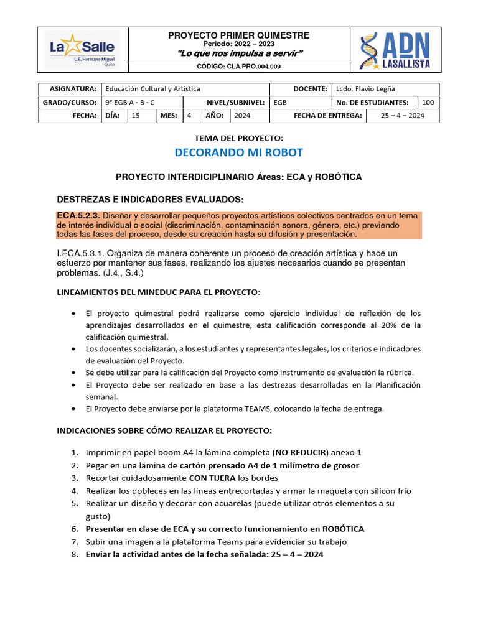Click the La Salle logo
pos(83,50)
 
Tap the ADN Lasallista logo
pos(395,50)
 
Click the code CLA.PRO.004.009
pos(238,66)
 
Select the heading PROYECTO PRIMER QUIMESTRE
pos(238,35)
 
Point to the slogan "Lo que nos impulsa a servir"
pos(238,53)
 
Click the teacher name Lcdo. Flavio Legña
pos(365,89)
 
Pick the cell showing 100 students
pos(428,103)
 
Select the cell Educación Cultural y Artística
pos(152,89)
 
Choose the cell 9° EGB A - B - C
pos(130,103)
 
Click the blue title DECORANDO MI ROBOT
pos(238,153)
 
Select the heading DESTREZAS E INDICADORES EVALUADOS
pos(150,199)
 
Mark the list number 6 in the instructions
pos(74,529)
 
